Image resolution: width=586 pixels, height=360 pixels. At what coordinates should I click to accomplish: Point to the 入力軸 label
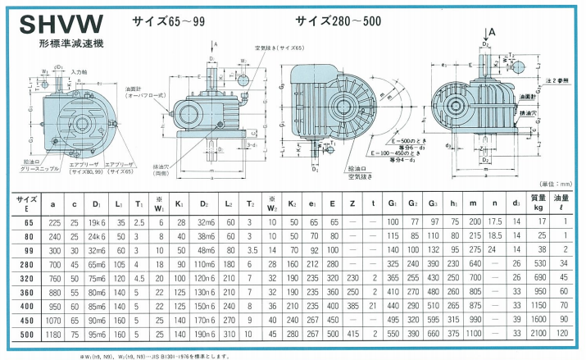[x=79, y=73]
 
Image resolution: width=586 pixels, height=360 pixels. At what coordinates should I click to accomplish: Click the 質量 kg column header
[x=538, y=201]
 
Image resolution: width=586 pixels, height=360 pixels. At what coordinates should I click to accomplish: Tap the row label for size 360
[x=28, y=291]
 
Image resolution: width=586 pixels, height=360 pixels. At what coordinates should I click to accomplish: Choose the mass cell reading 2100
[x=538, y=335]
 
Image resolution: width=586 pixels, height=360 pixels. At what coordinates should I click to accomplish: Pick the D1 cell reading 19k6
[x=98, y=221]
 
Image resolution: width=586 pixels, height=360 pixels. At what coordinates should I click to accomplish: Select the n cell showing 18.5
[x=493, y=236]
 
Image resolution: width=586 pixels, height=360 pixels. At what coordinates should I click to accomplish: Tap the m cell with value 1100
[x=474, y=335]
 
